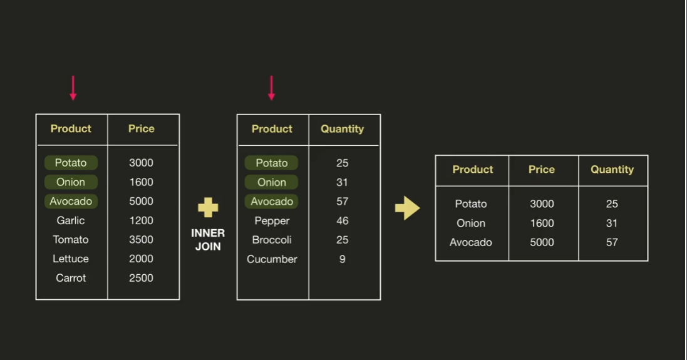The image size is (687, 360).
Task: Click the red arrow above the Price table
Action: [x=73, y=88]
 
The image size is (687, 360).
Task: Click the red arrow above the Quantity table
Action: [x=271, y=88]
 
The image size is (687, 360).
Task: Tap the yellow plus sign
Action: [x=208, y=207]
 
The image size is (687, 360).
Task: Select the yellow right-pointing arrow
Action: [x=407, y=208]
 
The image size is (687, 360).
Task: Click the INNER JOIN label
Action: [x=208, y=240]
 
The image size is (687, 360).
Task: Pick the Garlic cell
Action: [x=71, y=220]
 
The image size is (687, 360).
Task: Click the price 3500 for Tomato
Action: [x=141, y=240]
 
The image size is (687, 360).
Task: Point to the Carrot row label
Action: [x=71, y=278]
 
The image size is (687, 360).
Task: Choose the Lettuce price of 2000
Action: [x=141, y=259]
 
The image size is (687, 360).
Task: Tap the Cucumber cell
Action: [x=272, y=259]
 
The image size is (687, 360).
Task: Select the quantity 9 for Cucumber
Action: [x=342, y=259]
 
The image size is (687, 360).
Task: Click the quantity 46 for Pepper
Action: [x=342, y=221]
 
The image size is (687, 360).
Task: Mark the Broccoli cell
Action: [x=272, y=240]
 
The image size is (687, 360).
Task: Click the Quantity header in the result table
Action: [x=612, y=170]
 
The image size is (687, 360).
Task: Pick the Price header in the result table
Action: [x=542, y=170]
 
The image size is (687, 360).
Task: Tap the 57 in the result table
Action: [x=612, y=242]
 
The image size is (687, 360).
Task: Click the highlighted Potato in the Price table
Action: [x=71, y=163]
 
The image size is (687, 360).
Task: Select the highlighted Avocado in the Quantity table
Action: [x=272, y=202]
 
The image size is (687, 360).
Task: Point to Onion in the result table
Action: [x=471, y=224]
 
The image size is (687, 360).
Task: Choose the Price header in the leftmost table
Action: [x=141, y=129]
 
